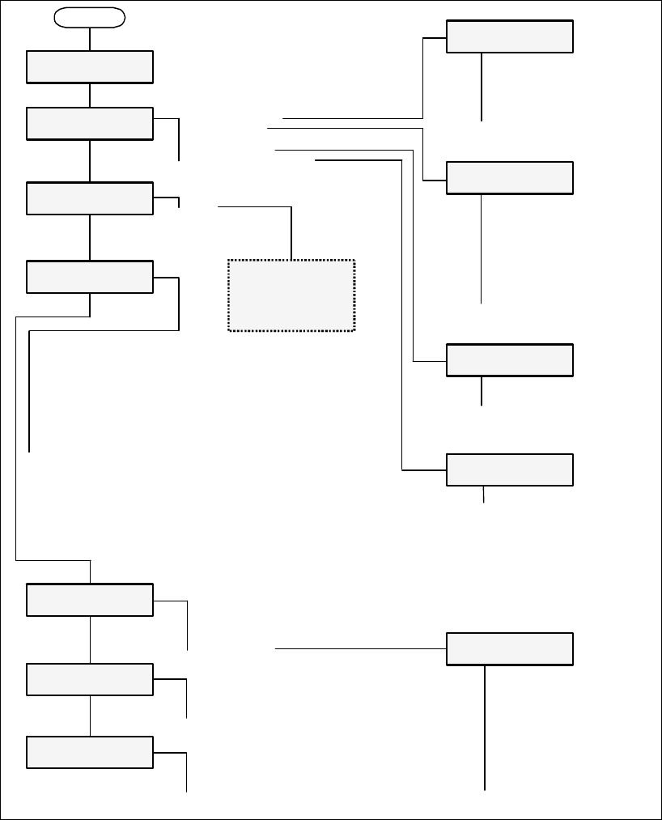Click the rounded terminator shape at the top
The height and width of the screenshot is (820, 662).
click(x=90, y=17)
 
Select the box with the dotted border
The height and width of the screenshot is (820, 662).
click(x=291, y=295)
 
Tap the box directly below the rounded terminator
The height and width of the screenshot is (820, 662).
click(x=90, y=67)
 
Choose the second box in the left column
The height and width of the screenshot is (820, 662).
click(x=90, y=123)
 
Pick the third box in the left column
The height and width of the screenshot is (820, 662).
click(x=90, y=198)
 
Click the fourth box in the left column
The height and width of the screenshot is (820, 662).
click(x=90, y=277)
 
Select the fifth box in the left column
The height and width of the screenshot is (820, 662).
click(x=90, y=600)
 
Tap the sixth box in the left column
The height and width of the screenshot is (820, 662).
click(x=90, y=679)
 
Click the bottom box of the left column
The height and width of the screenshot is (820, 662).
click(x=90, y=752)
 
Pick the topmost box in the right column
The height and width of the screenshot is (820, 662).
click(x=510, y=36)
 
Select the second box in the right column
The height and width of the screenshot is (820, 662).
click(x=510, y=178)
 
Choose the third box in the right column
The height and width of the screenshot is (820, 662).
click(x=510, y=360)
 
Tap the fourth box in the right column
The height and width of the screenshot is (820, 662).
click(x=510, y=469)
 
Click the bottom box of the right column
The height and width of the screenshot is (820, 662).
click(x=510, y=649)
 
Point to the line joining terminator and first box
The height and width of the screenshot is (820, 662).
click(x=90, y=39)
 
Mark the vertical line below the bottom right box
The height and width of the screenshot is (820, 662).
click(x=486, y=729)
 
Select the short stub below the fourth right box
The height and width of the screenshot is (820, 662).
click(x=484, y=495)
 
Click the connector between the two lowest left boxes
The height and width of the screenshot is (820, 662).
click(x=90, y=716)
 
